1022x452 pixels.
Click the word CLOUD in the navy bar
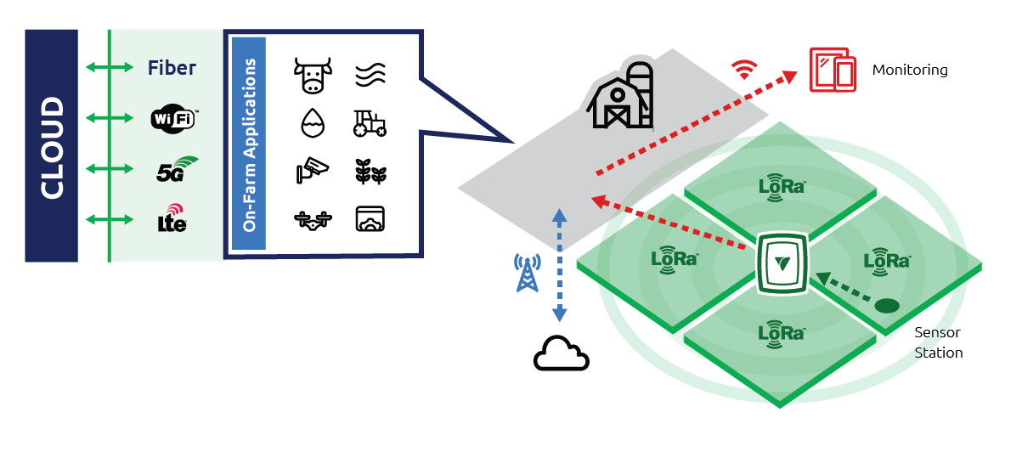click(x=52, y=148)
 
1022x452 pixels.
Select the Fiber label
click(x=172, y=68)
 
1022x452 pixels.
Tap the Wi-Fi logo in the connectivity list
click(x=172, y=118)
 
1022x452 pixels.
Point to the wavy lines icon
click(x=370, y=75)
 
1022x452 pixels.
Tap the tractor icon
click(x=370, y=124)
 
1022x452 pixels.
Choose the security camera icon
click(x=310, y=170)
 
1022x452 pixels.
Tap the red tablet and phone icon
click(x=833, y=70)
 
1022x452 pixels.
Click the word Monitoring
click(x=909, y=70)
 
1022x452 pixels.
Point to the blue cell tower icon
click(x=528, y=272)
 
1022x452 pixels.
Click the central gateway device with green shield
click(x=782, y=263)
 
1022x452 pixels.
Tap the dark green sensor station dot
click(x=887, y=305)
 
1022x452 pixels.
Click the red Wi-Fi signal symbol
click(x=744, y=69)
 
